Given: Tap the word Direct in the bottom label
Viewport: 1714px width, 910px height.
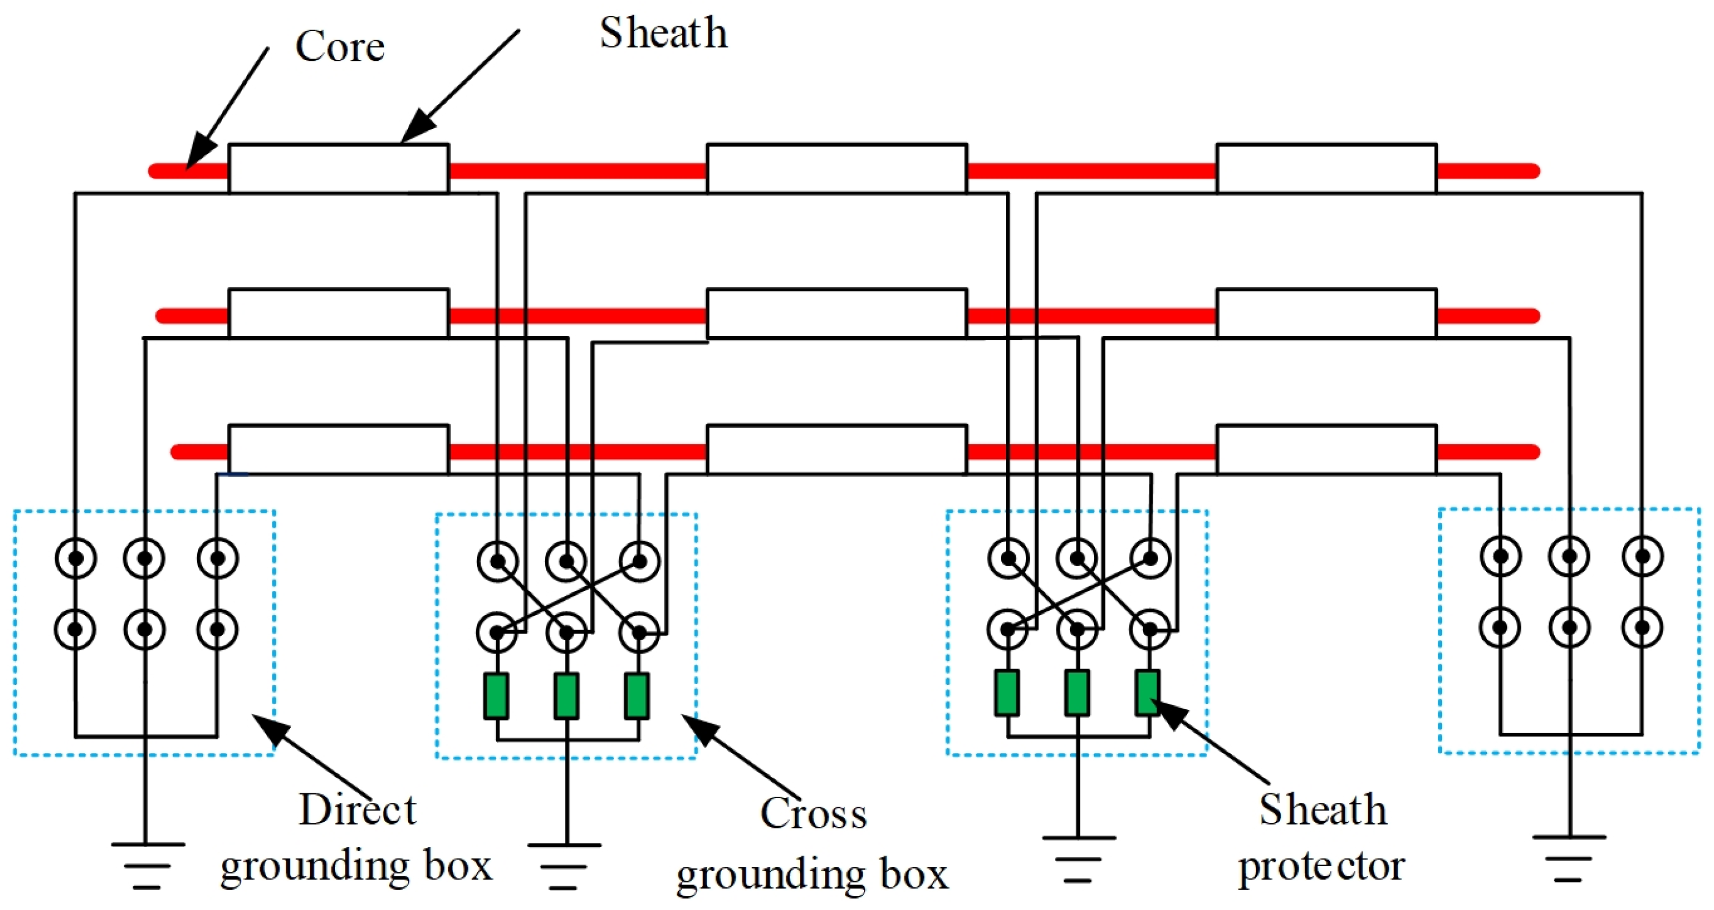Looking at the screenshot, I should (356, 810).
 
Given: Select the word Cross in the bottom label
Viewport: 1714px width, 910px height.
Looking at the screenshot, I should (813, 813).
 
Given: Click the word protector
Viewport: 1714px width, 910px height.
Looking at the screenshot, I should (1321, 867).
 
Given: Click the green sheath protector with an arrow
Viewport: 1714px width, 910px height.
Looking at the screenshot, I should (1147, 693).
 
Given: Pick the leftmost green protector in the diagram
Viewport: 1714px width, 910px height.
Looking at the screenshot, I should (497, 696).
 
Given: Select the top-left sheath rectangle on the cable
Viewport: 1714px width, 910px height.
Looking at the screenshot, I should (338, 168).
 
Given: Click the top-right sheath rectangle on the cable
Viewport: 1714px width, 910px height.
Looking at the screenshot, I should (1326, 168).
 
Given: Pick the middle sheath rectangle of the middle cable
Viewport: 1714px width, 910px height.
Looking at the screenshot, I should (837, 314).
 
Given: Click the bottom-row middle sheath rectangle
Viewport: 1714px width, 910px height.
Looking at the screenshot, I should (837, 449).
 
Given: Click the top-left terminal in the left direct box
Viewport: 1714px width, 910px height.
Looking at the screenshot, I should (76, 557).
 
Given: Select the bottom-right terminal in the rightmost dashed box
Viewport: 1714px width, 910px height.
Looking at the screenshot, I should (1642, 626).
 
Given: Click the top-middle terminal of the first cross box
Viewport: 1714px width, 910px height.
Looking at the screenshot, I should (566, 562).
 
